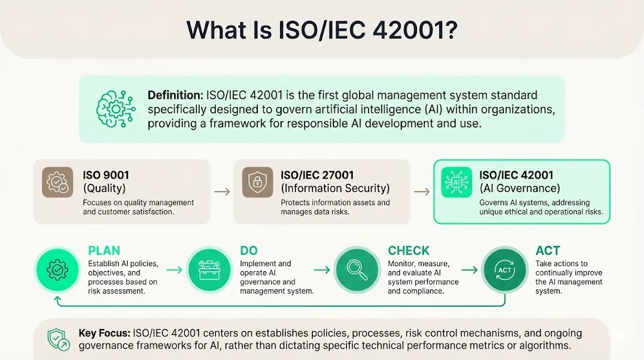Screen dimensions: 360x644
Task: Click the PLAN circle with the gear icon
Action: click(x=58, y=269)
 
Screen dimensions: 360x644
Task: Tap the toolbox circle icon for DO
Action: click(x=208, y=269)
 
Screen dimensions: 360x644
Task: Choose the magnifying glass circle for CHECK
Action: click(x=356, y=269)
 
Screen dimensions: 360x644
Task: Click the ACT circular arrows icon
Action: click(x=504, y=269)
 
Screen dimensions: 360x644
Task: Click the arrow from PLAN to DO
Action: click(x=175, y=269)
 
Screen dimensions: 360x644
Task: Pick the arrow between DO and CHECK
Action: click(x=322, y=269)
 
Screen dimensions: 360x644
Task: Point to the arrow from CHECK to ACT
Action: click(x=470, y=269)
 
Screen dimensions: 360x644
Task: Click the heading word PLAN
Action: click(x=104, y=250)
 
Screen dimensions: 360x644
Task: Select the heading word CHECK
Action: click(x=408, y=250)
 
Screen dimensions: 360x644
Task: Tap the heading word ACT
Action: click(x=548, y=250)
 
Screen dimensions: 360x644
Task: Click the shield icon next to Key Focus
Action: click(x=59, y=340)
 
